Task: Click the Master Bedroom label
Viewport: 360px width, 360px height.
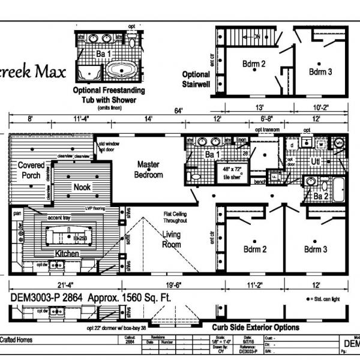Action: click(x=149, y=169)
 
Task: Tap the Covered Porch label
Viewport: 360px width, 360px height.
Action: click(x=31, y=169)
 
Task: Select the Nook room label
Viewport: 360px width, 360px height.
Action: click(x=82, y=187)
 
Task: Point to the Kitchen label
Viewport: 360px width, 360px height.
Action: click(x=67, y=254)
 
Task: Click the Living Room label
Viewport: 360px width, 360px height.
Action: click(x=172, y=239)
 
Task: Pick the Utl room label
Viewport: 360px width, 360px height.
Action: click(x=316, y=163)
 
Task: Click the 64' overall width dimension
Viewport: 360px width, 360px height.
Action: click(x=178, y=110)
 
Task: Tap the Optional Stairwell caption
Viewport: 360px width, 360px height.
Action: click(x=196, y=79)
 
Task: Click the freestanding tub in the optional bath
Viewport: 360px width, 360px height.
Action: click(x=123, y=71)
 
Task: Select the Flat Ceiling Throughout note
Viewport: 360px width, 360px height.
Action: click(x=176, y=217)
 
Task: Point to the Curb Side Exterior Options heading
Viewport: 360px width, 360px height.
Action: click(x=255, y=328)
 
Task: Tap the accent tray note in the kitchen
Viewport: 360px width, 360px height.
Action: click(x=62, y=218)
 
